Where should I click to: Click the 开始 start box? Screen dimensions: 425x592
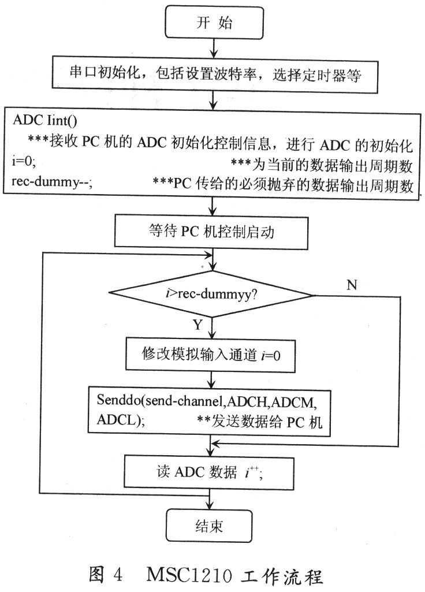tap(214, 23)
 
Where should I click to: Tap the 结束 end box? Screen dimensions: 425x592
tap(208, 526)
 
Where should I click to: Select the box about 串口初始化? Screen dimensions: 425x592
tap(215, 75)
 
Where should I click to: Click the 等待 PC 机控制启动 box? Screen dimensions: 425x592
tap(211, 232)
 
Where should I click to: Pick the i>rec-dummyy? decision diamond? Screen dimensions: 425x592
tap(211, 294)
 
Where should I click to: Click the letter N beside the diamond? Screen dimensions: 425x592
tap(352, 285)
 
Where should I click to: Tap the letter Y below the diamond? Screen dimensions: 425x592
tap(198, 325)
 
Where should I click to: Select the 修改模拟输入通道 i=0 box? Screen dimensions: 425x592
tap(210, 355)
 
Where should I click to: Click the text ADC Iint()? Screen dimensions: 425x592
tap(45, 121)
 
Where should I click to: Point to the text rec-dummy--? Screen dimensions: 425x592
tap(52, 182)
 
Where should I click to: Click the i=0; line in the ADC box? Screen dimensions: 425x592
tap(24, 161)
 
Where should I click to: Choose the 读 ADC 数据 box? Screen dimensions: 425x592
tap(208, 472)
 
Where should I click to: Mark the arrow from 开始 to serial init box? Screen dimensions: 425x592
tap(214, 47)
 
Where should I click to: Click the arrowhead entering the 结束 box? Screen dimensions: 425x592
tap(208, 505)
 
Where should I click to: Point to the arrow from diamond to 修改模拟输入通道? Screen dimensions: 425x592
tap(212, 327)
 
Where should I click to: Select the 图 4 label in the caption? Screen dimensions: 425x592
tap(106, 575)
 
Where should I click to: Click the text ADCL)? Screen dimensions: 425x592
tap(121, 420)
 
